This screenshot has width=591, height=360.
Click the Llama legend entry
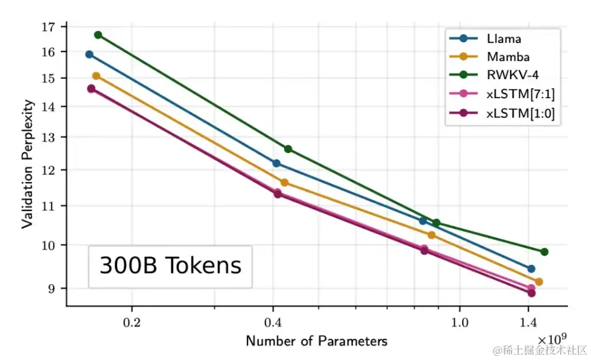tap(504, 39)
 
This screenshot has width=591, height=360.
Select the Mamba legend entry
tap(508, 57)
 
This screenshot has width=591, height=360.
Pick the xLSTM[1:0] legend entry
tap(520, 113)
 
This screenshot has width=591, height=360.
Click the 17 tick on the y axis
tap(48, 27)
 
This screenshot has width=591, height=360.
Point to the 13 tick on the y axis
tap(48, 137)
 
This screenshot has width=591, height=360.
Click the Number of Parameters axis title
tap(317, 341)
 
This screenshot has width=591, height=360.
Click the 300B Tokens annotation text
tap(170, 266)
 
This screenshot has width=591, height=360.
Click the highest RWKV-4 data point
tap(98, 35)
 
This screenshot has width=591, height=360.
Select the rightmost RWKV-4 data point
tap(544, 252)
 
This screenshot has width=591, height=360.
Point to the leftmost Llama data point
tap(89, 54)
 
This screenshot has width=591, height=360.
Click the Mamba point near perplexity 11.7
tap(285, 183)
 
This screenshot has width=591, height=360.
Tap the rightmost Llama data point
tap(531, 269)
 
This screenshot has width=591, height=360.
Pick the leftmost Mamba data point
tap(96, 76)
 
